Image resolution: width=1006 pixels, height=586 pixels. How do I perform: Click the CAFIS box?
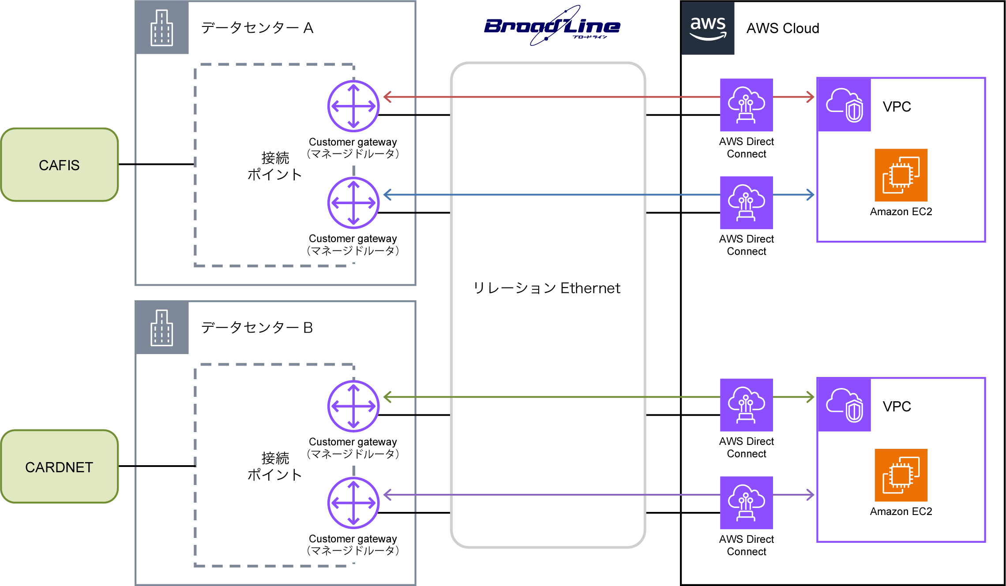pyautogui.click(x=60, y=165)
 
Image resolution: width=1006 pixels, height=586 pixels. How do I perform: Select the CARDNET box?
pyautogui.click(x=60, y=467)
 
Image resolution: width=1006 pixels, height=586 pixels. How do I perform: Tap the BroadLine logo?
pyautogui.click(x=552, y=26)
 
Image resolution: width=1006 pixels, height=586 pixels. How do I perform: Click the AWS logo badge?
pyautogui.click(x=708, y=28)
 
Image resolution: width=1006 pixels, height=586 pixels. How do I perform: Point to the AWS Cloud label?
pyautogui.click(x=782, y=28)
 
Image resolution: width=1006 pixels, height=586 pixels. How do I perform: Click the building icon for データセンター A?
pyautogui.click(x=162, y=28)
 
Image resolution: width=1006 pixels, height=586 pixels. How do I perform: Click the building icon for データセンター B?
pyautogui.click(x=162, y=328)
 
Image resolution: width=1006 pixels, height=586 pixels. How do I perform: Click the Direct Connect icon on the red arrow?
pyautogui.click(x=746, y=105)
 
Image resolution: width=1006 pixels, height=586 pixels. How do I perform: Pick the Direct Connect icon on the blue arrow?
pyautogui.click(x=746, y=203)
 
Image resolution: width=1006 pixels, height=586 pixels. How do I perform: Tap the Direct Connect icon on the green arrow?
pyautogui.click(x=746, y=405)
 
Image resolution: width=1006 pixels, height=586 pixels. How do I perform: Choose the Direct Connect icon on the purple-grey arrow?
pyautogui.click(x=746, y=503)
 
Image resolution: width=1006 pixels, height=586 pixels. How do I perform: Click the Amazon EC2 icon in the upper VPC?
pyautogui.click(x=901, y=175)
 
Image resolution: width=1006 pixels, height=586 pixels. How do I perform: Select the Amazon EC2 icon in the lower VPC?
pyautogui.click(x=901, y=475)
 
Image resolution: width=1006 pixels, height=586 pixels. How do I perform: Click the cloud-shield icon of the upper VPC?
pyautogui.click(x=844, y=105)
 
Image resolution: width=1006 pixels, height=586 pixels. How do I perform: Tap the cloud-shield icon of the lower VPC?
pyautogui.click(x=844, y=405)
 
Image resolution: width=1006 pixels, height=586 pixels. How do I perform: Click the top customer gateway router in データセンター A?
pyautogui.click(x=353, y=106)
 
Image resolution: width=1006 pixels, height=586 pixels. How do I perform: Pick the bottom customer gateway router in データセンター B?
pyautogui.click(x=353, y=503)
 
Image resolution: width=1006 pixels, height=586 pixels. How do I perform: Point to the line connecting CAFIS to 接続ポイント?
pyautogui.click(x=157, y=164)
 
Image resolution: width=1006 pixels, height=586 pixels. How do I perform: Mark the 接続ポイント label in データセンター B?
pyautogui.click(x=274, y=466)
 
